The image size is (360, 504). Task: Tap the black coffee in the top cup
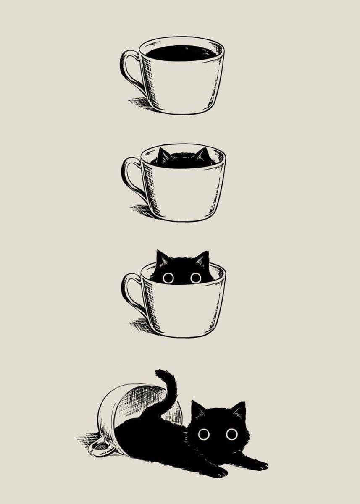pos(181,53)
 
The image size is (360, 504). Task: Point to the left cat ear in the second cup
pos(163,155)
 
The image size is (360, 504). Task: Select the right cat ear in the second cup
pos(202,154)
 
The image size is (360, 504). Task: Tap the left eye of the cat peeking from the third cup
pos(168,278)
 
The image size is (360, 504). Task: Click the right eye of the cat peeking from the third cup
pos(196,278)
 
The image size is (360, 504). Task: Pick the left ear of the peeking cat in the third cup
pos(162,257)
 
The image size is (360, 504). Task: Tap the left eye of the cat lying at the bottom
pos(204,434)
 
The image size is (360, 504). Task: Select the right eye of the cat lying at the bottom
pos(231,434)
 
